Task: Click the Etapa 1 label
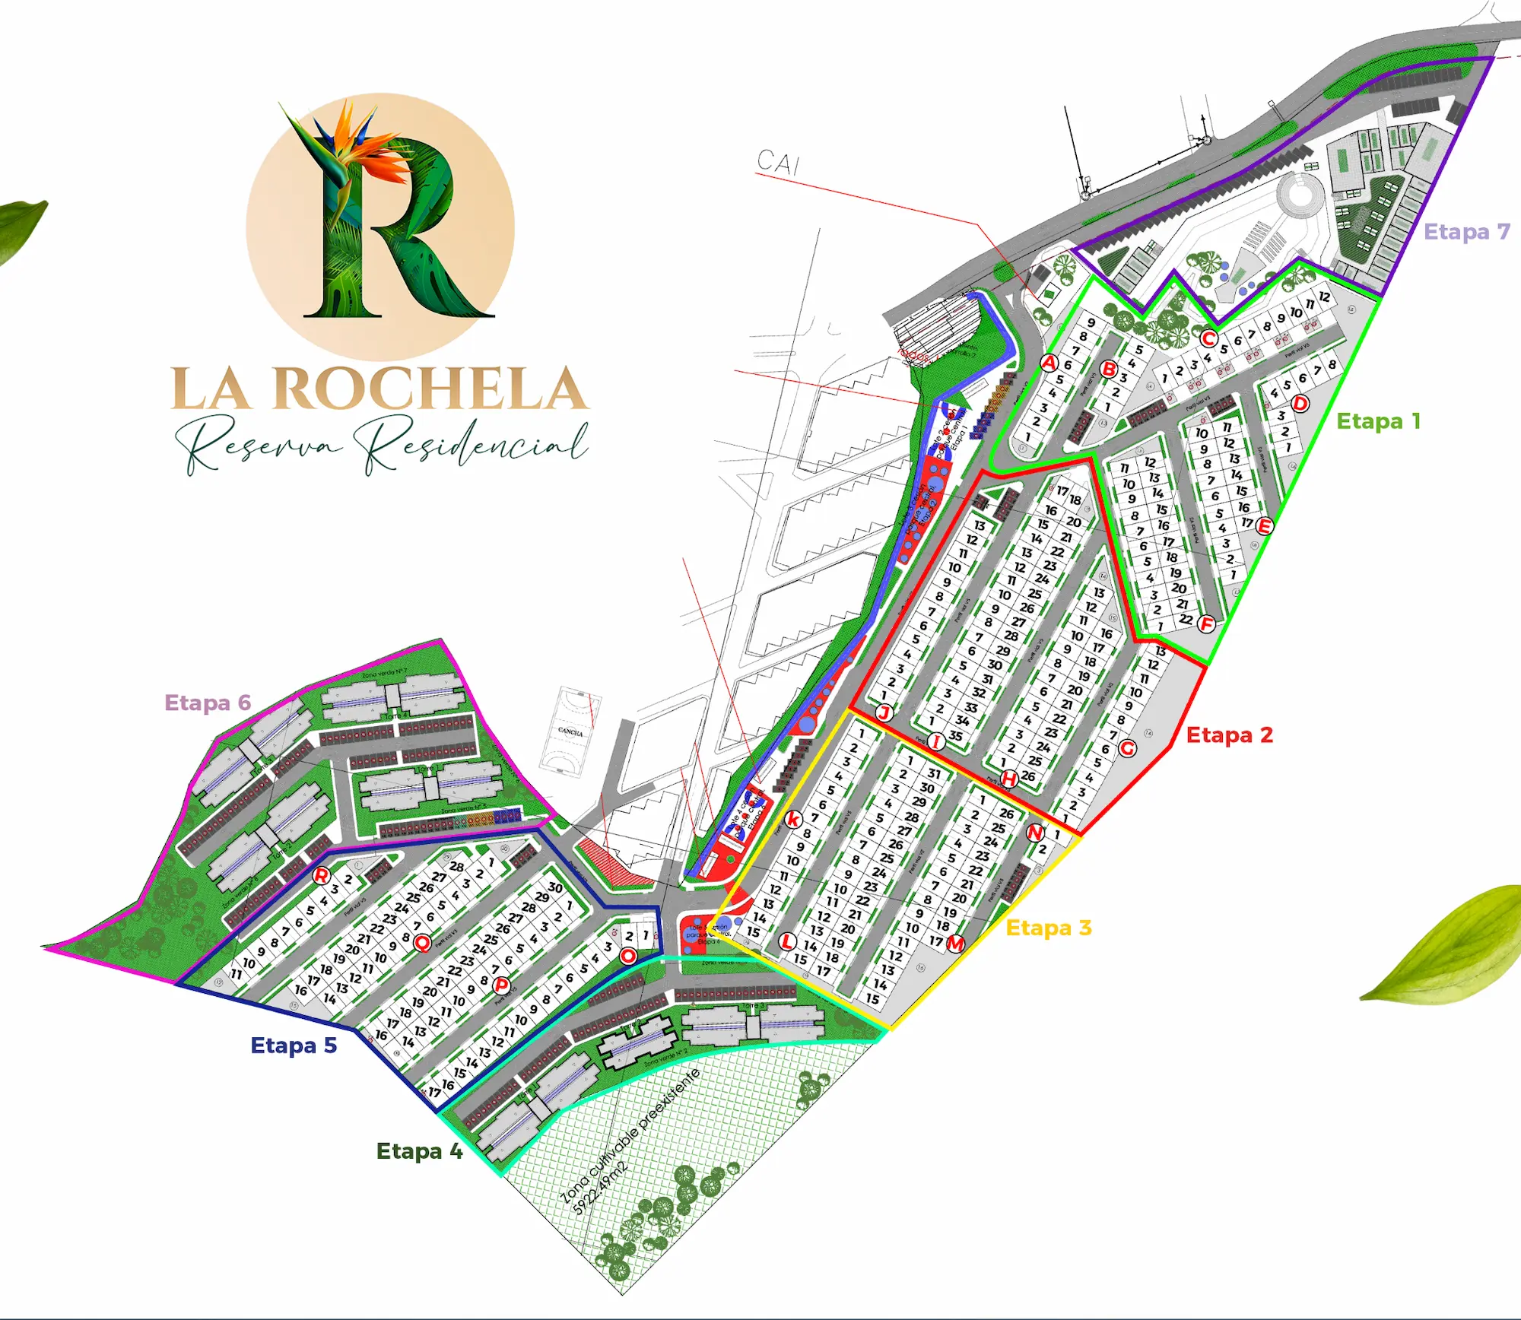[x=1378, y=421]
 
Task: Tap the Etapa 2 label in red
[x=1229, y=735]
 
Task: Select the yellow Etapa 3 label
[x=1048, y=928]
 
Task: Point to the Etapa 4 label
[x=419, y=1151]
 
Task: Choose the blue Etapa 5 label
[x=294, y=1046]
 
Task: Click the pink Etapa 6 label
[x=208, y=703]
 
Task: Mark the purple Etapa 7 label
[x=1466, y=232]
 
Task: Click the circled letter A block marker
[x=1049, y=363]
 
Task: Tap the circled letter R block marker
[x=322, y=876]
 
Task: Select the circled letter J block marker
[x=884, y=712]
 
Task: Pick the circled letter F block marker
[x=1206, y=624]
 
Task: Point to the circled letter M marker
[x=955, y=944]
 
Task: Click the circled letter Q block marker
[x=422, y=943]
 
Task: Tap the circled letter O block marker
[x=627, y=956]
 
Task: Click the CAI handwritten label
[x=778, y=162]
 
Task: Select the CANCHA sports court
[x=570, y=731]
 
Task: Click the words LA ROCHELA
[x=379, y=389]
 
